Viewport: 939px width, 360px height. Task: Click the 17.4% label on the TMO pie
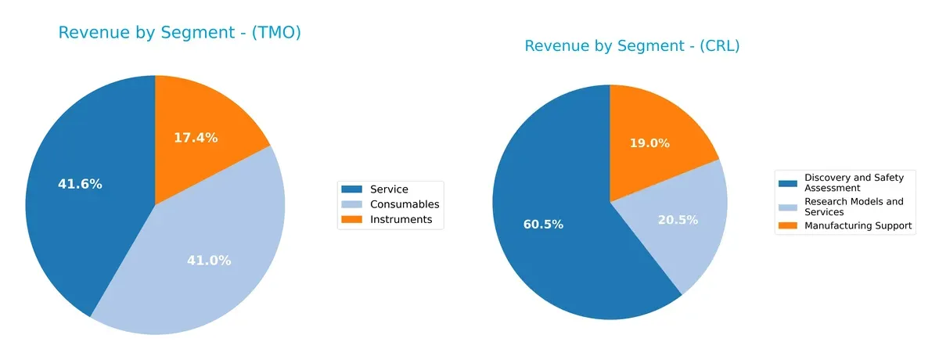tap(196, 138)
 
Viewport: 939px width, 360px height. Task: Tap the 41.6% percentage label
tap(80, 184)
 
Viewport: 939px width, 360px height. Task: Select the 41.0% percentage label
tap(209, 261)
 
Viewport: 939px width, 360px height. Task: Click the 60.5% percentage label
tap(543, 225)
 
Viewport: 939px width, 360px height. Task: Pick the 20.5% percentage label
tap(678, 220)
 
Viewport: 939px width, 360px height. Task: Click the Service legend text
tap(389, 189)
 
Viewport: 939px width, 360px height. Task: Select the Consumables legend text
tap(405, 204)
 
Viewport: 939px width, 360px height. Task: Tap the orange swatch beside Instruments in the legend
tap(352, 220)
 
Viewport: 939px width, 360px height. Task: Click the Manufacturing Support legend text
tap(858, 225)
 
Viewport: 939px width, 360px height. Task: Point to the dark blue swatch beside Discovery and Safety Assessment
tap(790, 183)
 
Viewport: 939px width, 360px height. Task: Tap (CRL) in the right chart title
tap(715, 46)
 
